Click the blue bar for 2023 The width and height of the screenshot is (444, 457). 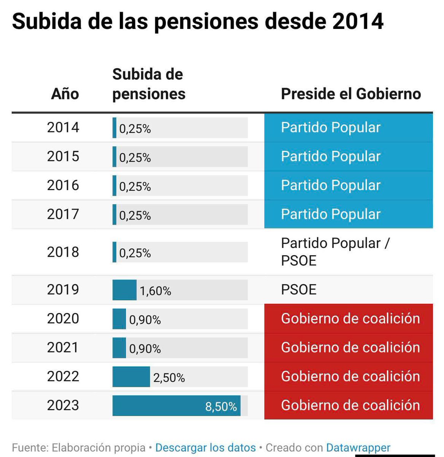coord(176,406)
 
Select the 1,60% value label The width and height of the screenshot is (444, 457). coord(155,291)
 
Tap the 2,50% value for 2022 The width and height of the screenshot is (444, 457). coord(169,378)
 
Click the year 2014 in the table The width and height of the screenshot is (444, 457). coord(63,128)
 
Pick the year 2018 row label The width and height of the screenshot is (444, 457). coord(63,252)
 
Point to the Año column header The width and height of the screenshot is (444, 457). coord(65,94)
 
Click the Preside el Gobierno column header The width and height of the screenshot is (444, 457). coord(351,94)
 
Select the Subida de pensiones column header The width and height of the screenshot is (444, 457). coord(149,84)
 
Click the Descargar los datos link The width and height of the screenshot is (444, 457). coord(205,447)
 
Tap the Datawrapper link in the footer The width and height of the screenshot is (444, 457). coord(358,447)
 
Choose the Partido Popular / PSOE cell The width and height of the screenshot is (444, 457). coord(335,252)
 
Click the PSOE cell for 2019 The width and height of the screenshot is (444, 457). coord(299,290)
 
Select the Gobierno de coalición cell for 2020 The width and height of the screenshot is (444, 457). coord(350,319)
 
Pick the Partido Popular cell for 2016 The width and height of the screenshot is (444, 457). coord(331,185)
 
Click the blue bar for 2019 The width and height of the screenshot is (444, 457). coord(124,290)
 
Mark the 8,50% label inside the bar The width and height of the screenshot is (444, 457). coord(221,407)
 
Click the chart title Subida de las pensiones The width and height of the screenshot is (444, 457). coord(197,21)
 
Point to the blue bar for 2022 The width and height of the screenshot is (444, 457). coord(131,377)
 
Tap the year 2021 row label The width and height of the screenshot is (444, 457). coord(63,348)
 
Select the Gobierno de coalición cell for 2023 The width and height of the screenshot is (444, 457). coord(350,406)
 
